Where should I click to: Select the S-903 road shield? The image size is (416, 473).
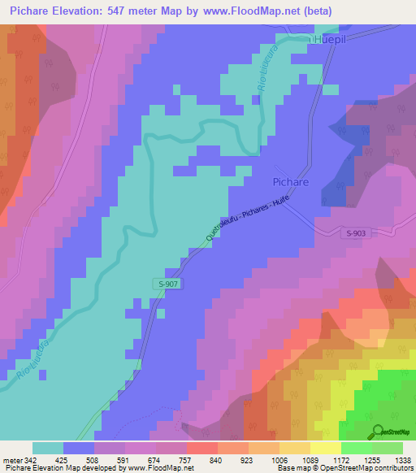(x=356, y=233)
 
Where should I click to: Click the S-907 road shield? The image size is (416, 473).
(x=166, y=283)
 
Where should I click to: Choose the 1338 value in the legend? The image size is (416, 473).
(x=402, y=460)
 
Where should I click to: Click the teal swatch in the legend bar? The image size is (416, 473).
(x=48, y=448)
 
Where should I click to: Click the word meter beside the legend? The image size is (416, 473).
(x=11, y=460)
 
